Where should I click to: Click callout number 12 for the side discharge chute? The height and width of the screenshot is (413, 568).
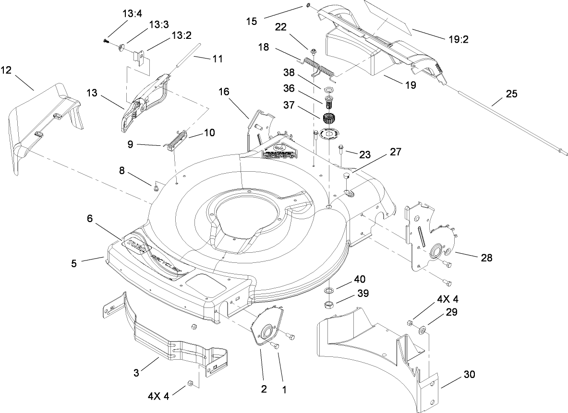pyautogui.click(x=6, y=70)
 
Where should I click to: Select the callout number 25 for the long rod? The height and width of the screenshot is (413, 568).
pyautogui.click(x=511, y=94)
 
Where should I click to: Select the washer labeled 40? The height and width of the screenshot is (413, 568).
pyautogui.click(x=329, y=291)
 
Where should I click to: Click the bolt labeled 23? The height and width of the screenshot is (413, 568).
pyautogui.click(x=340, y=149)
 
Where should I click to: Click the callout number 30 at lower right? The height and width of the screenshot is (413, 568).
pyautogui.click(x=469, y=375)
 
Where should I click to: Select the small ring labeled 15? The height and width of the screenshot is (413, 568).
pyautogui.click(x=307, y=6)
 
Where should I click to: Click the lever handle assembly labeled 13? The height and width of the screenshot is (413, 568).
pyautogui.click(x=144, y=101)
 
